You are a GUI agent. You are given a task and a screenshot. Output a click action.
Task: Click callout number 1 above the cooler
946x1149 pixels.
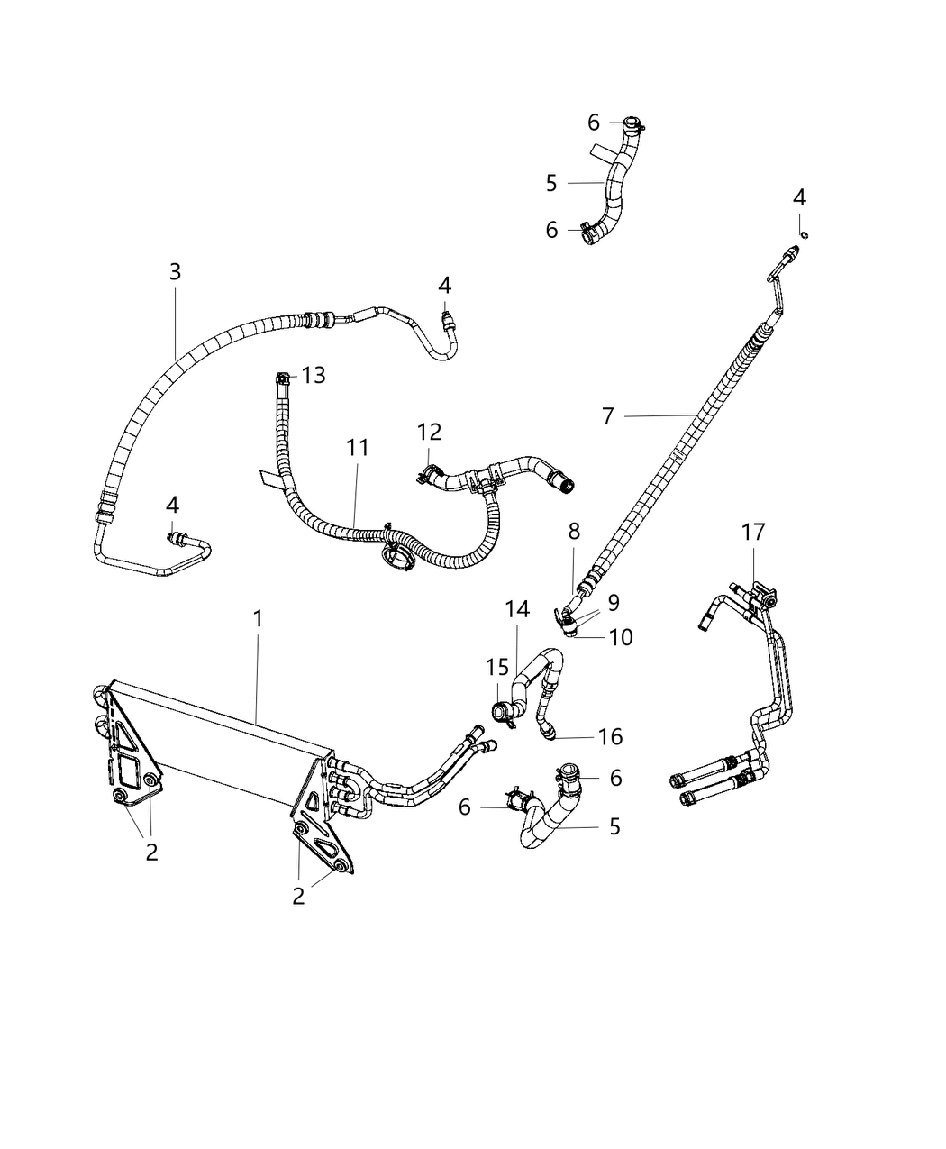click(258, 619)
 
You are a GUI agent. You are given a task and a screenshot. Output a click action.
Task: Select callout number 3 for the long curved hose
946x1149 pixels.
click(175, 271)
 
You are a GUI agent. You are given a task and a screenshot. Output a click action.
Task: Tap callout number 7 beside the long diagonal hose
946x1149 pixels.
click(608, 416)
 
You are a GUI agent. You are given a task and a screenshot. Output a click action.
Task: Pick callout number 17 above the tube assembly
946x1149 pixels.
click(753, 533)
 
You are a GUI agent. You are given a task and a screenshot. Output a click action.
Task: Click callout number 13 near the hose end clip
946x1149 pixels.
click(314, 375)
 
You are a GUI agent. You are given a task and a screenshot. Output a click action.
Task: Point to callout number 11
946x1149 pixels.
click(358, 448)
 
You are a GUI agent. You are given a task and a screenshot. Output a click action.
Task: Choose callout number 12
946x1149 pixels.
click(430, 433)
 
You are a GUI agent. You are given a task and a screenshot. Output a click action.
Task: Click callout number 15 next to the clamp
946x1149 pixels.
click(497, 668)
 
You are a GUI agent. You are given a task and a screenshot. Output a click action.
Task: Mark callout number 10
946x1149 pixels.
click(621, 637)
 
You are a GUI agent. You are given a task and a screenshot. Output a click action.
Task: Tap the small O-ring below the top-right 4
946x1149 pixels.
click(804, 235)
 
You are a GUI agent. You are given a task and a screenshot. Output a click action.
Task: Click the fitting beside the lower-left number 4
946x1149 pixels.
click(177, 538)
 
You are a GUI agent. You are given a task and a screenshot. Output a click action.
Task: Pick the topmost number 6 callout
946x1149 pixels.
click(593, 123)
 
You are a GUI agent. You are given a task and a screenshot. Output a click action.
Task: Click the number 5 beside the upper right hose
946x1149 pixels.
click(551, 183)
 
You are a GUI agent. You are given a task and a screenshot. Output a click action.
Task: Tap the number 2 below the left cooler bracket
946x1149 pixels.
click(151, 852)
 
